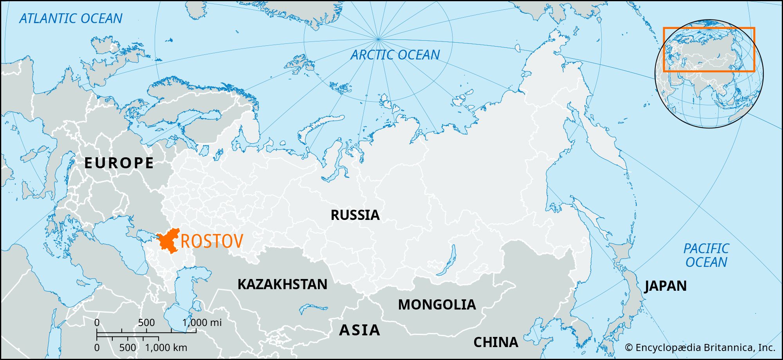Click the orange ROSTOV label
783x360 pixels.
click(x=212, y=241)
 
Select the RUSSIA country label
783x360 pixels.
click(x=355, y=215)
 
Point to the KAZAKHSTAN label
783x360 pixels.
click(x=282, y=284)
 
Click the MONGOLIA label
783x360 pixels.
click(x=437, y=305)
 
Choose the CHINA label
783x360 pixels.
click(x=496, y=342)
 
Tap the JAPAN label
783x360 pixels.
click(x=666, y=286)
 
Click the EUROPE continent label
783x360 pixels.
click(x=119, y=163)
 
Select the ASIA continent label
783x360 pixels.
click(x=359, y=330)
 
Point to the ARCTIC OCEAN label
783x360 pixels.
click(x=395, y=55)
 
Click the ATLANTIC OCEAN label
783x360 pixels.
click(x=71, y=18)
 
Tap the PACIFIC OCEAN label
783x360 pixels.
click(x=706, y=255)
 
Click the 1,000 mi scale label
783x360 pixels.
click(x=202, y=323)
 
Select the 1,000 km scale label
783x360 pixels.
click(x=166, y=347)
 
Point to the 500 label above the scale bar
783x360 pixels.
click(x=146, y=323)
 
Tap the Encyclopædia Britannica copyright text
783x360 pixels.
click(x=700, y=347)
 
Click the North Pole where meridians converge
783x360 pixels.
click(x=378, y=39)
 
